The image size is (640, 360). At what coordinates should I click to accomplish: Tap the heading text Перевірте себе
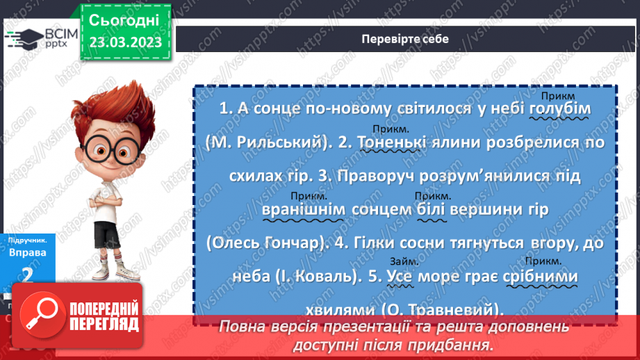click(404, 39)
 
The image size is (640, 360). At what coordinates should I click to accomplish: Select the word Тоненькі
click(392, 143)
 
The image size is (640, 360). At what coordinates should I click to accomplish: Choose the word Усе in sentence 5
click(400, 277)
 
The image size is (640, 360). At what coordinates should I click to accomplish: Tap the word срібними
click(543, 277)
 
